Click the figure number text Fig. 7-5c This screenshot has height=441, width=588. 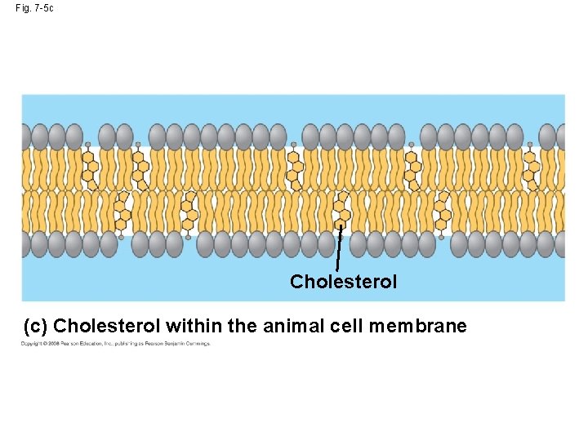point(34,8)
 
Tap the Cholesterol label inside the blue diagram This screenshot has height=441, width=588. point(343,282)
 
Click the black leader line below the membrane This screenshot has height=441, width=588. point(338,249)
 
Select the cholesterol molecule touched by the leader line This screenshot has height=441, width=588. point(341,211)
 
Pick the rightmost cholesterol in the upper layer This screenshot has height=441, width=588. point(531,166)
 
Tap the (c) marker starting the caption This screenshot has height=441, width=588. point(35,327)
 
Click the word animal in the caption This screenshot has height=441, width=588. point(292,327)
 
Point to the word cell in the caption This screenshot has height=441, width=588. point(346,327)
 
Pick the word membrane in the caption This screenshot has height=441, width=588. point(417,327)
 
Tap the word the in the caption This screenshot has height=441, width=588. point(243,327)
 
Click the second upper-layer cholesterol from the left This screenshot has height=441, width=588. point(138,166)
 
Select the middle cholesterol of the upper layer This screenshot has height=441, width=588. point(295,166)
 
